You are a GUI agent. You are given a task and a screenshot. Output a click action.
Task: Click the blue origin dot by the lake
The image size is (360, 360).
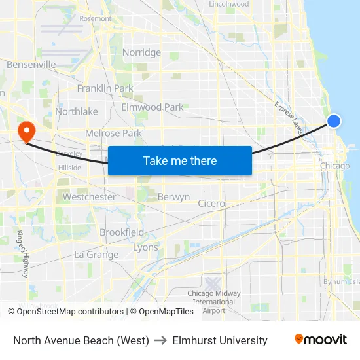point(334,121)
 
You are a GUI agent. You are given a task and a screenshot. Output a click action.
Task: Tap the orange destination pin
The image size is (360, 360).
point(27,131)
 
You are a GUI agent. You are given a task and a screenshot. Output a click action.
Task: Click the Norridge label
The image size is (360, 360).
point(141,52)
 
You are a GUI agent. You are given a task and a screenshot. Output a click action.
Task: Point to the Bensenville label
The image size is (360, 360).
point(31,65)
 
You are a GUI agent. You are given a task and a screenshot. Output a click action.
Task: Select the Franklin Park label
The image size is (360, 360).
point(105,88)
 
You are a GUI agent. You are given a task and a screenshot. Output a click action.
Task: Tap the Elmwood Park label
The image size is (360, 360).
point(153,107)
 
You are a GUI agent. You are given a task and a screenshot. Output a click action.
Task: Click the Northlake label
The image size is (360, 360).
point(77,111)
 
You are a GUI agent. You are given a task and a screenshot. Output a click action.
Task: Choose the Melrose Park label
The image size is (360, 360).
point(113,133)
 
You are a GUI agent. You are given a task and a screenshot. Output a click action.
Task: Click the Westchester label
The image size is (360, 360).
point(89,196)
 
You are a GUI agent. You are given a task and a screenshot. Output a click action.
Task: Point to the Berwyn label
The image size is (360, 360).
point(173,196)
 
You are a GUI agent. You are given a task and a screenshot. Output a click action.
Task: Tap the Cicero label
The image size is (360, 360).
point(211,204)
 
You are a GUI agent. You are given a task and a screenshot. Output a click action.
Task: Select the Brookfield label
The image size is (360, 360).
point(122,232)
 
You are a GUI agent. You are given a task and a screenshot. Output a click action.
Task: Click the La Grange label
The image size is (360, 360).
point(96,255)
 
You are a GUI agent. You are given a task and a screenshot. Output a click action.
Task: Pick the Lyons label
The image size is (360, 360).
point(145,247)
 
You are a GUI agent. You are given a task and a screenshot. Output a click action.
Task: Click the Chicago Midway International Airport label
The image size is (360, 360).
point(213,301)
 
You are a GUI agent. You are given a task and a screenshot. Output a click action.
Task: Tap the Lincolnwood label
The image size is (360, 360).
point(228,4)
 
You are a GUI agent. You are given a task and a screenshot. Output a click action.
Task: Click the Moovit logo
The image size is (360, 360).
point(320,339)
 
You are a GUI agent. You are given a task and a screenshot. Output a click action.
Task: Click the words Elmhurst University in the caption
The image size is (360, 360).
point(220,340)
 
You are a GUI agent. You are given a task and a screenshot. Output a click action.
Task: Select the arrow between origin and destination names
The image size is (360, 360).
point(160,340)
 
